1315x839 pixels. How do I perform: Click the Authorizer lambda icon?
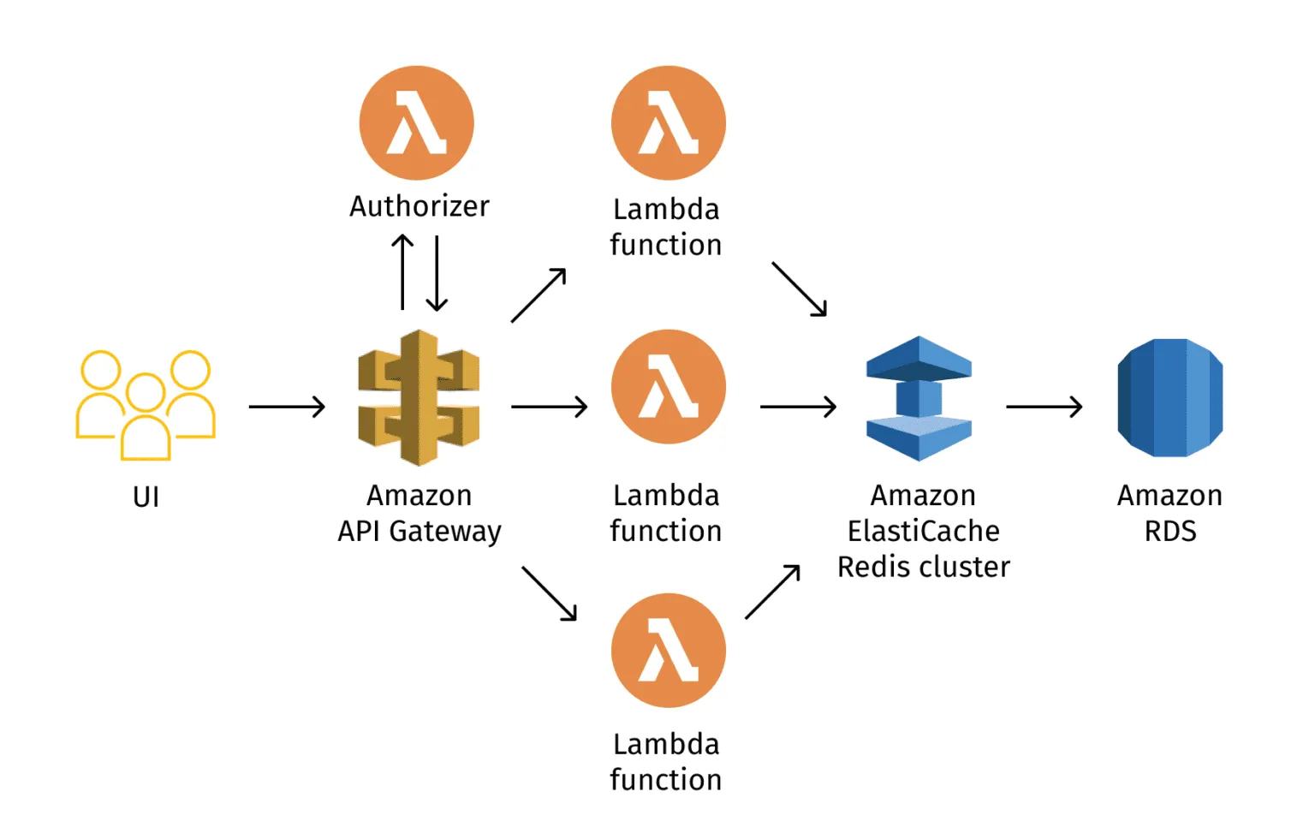coord(416,122)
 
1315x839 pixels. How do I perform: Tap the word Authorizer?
coord(419,206)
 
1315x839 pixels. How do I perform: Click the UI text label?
coord(146,497)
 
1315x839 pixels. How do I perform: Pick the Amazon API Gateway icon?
coord(419,398)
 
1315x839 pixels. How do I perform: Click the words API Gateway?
coord(419,532)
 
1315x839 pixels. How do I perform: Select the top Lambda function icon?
coord(668,122)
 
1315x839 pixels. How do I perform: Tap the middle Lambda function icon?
coord(668,387)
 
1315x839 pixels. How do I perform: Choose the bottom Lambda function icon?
coord(668,651)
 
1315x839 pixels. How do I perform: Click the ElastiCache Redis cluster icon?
coord(919,399)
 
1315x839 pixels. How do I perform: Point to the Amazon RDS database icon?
coord(1169,398)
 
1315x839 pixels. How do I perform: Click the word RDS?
coord(1169,532)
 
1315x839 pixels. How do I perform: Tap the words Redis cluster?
coord(923,568)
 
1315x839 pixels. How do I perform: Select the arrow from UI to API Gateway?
coord(287,407)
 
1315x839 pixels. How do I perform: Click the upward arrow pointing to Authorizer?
coord(402,272)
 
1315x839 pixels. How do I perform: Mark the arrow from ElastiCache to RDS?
coord(1044,407)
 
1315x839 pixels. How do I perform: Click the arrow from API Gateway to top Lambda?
coord(538,295)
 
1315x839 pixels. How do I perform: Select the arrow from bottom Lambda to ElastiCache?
coord(772,592)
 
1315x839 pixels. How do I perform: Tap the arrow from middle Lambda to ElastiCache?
coord(798,407)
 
